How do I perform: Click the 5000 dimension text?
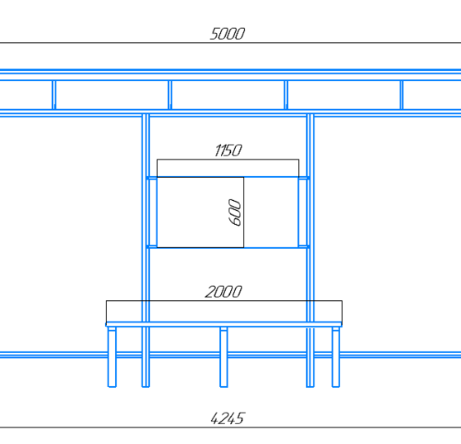click(x=228, y=34)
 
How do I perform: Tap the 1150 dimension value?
click(x=228, y=150)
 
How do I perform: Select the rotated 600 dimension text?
click(x=234, y=212)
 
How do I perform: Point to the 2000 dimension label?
click(x=223, y=292)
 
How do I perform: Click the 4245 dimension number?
click(x=228, y=418)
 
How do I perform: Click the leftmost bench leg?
click(x=112, y=357)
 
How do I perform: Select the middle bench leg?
click(x=223, y=357)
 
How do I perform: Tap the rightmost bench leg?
click(x=336, y=357)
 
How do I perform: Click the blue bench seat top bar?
click(x=223, y=324)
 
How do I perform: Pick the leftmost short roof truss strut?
click(x=54, y=95)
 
